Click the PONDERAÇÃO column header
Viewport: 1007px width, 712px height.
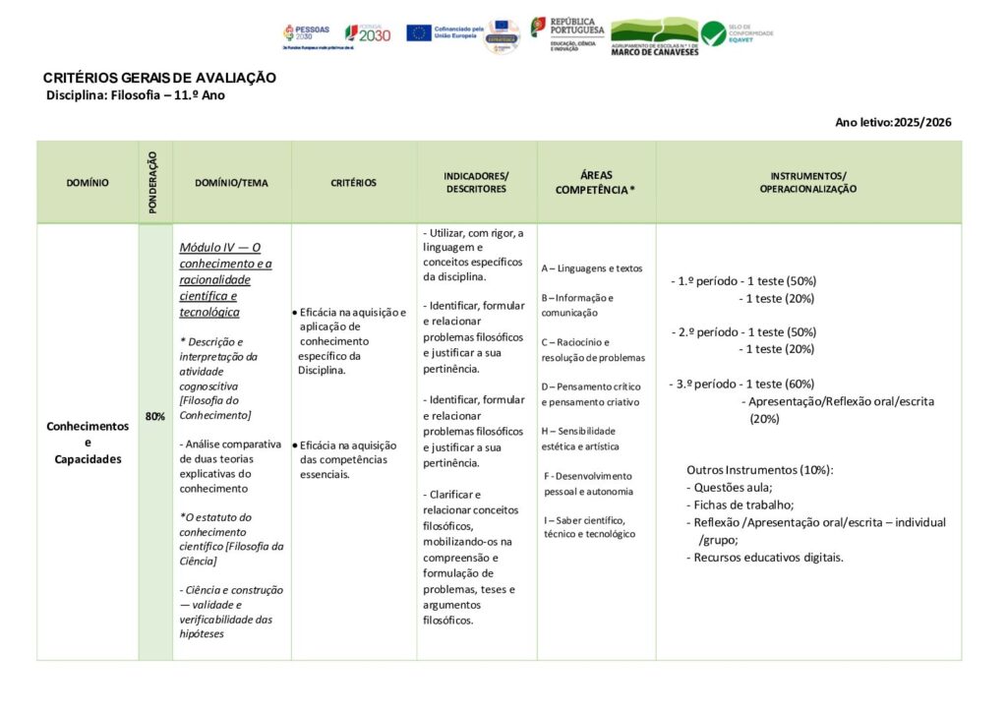[154, 182]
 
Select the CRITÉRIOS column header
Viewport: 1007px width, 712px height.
[353, 183]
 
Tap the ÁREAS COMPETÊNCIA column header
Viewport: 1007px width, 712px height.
[596, 182]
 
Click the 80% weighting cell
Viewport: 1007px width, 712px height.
[155, 416]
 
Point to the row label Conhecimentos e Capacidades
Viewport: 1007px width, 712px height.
[88, 443]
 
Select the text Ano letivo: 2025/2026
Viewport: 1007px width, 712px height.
[893, 122]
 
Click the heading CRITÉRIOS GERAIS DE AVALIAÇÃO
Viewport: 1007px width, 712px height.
[159, 78]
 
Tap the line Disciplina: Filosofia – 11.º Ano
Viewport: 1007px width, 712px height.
[136, 95]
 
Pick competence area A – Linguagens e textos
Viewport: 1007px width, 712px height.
[592, 267]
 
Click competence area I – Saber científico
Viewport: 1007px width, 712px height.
[589, 526]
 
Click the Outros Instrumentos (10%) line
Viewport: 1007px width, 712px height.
[759, 469]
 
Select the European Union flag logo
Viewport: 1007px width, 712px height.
[419, 32]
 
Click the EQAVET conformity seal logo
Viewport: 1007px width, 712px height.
[737, 33]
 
